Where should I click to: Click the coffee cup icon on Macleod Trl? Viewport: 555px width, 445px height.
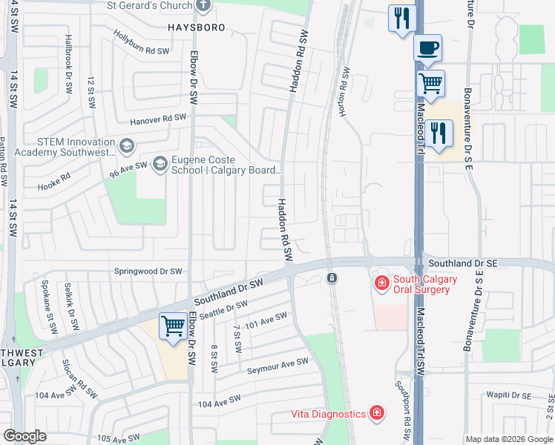427,49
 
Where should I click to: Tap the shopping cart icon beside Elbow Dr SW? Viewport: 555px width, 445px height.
173,326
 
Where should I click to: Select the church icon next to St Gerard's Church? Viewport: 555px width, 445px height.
204,6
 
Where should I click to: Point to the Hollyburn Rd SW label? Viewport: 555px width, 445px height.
142,44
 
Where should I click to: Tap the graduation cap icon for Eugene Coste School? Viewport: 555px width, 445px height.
160,164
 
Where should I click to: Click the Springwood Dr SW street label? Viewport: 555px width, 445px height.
148,271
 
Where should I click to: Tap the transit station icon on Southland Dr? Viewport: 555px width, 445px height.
332,278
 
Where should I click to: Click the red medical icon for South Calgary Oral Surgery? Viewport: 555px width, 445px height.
381,283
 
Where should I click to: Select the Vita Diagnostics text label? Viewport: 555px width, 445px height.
327,413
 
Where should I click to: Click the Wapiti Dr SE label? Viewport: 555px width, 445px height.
511,396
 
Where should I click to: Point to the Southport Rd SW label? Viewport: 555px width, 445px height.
402,403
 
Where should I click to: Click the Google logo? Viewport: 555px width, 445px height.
25,436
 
